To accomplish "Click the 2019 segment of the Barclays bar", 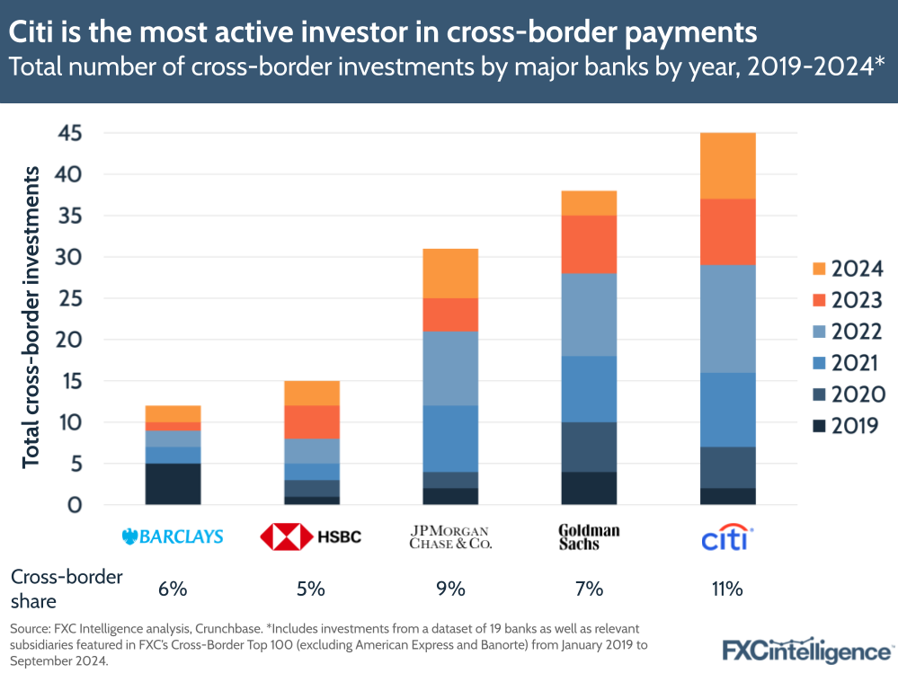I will [173, 483].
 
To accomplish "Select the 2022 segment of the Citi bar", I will [727, 319].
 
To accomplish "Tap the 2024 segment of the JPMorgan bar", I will [450, 273].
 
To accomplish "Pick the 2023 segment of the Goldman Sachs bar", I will [589, 244].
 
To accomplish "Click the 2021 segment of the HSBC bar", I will [312, 472].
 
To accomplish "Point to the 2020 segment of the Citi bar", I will [727, 467].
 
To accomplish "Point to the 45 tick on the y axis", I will [70, 133].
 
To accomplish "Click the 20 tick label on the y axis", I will [70, 340].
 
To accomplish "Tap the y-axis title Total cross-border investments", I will [31, 316].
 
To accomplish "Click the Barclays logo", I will [172, 537].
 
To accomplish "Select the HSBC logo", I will [311, 537].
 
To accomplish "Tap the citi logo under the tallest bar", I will [726, 537].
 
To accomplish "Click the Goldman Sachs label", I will [589, 537].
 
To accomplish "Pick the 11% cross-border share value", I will [726, 589].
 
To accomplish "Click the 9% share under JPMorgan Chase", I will [450, 589].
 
